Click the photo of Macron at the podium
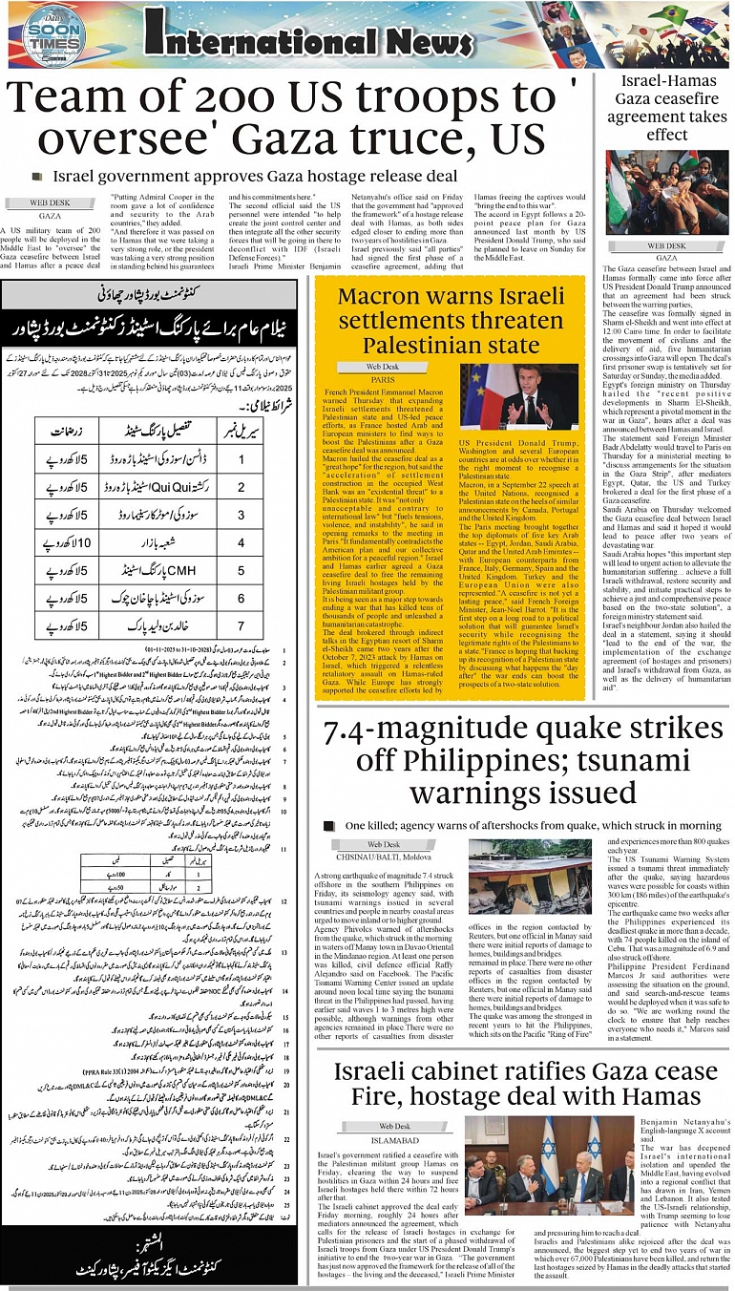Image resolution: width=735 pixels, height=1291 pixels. point(519,396)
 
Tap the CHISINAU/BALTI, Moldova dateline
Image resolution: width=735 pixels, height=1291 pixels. point(383,858)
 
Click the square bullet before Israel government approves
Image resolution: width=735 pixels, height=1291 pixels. point(37,176)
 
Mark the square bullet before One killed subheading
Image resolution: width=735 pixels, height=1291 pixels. point(328,824)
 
